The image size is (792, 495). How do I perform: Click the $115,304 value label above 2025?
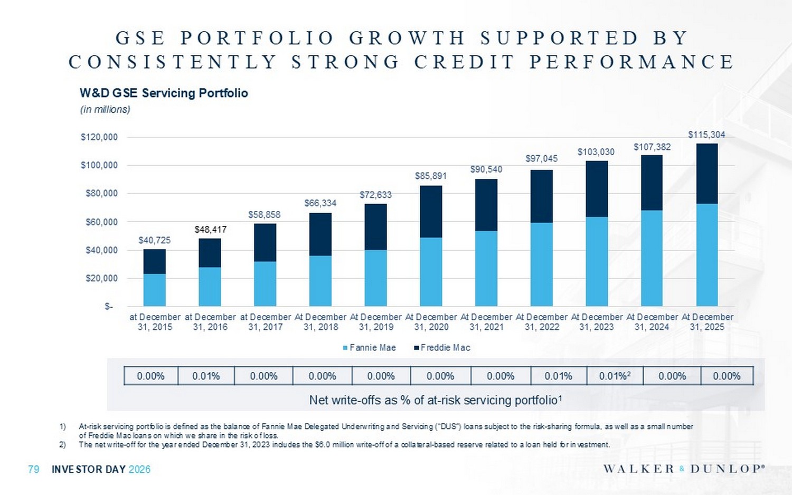coord(706,135)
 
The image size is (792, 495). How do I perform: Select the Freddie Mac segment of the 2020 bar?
coord(431,212)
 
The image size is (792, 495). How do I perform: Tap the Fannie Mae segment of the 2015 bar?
coord(155,290)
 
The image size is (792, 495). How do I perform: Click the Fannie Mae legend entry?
coord(369,348)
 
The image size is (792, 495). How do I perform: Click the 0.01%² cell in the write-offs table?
coord(615,376)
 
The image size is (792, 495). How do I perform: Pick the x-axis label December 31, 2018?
coord(320,322)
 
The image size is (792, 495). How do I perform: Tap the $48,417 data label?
coord(210,230)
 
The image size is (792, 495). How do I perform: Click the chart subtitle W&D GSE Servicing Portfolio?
coord(164,93)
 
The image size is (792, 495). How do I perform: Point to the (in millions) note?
coord(105,110)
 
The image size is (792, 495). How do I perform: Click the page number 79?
coord(33,469)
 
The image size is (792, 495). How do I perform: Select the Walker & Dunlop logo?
coord(684,469)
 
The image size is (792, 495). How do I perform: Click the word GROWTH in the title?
coord(407,38)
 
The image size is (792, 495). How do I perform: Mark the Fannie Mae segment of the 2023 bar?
coord(596,261)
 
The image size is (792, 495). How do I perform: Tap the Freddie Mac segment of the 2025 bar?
coord(706,174)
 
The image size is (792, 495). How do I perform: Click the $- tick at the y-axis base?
coord(108,307)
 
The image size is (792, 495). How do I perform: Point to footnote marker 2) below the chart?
coord(62,444)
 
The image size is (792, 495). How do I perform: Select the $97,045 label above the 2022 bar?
coord(541,158)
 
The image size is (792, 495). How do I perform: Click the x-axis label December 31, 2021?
coord(486,322)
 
